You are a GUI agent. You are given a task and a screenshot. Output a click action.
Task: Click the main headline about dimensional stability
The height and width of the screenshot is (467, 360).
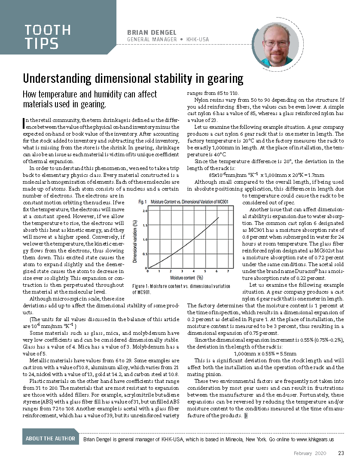(133, 79)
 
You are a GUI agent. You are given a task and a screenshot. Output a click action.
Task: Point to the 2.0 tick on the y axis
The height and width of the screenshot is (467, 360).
(145, 211)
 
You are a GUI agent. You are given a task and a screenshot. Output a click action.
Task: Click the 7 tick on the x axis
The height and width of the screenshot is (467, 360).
(229, 271)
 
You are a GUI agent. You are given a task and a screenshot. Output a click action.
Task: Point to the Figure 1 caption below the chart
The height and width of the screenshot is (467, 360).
(181, 289)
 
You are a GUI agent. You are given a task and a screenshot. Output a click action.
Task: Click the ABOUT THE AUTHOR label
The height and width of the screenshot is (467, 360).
(51, 439)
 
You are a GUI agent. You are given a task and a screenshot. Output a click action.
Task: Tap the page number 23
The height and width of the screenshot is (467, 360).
(341, 453)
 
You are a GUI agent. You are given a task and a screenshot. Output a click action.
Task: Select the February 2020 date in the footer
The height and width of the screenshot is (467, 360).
(310, 453)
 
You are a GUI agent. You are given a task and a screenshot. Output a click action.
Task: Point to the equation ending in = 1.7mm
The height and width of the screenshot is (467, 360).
(266, 175)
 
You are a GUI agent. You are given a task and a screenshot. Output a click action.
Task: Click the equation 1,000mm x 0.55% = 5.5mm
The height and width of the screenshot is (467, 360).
(265, 354)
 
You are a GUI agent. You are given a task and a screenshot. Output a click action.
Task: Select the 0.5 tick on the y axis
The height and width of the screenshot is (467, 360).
(145, 254)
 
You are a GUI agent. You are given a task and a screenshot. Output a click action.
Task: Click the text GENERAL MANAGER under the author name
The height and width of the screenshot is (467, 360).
(152, 39)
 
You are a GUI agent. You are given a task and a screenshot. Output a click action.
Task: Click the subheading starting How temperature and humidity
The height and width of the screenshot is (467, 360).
(90, 99)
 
